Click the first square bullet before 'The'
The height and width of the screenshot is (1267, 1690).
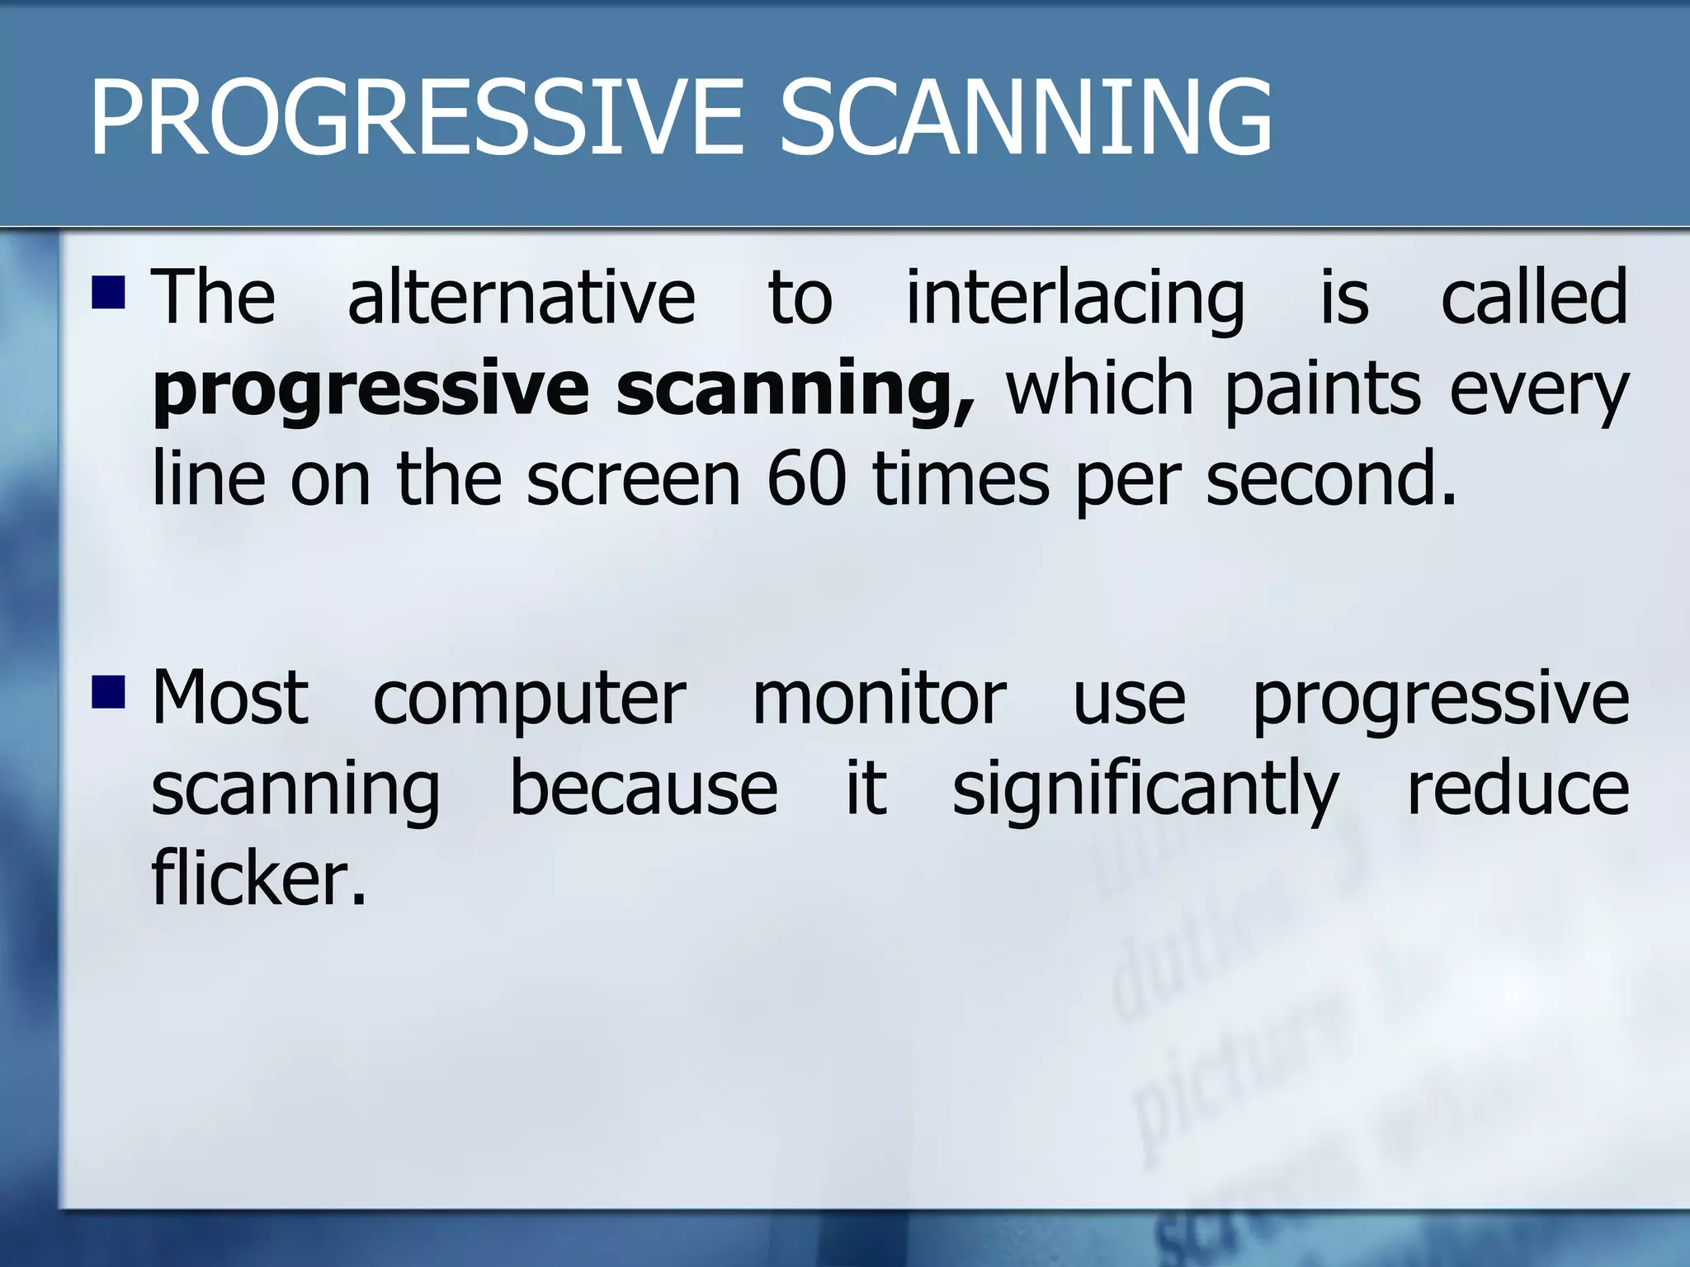click(x=108, y=292)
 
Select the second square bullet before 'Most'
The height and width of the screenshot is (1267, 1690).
click(x=108, y=692)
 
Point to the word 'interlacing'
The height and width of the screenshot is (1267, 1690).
click(x=1075, y=299)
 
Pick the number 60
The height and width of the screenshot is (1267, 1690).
click(x=806, y=480)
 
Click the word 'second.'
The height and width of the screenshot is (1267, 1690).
click(x=1330, y=480)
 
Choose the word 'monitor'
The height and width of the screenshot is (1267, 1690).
click(x=879, y=698)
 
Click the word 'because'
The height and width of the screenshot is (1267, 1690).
click(x=644, y=789)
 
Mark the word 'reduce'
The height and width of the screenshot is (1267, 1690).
click(x=1518, y=789)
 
